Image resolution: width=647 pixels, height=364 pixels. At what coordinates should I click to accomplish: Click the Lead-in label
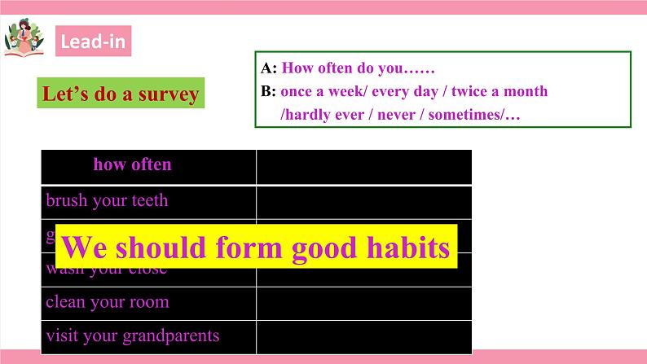pos(94,42)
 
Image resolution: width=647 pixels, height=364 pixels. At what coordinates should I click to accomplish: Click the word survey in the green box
pos(166,94)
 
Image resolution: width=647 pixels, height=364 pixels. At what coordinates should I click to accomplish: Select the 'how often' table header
pos(132,164)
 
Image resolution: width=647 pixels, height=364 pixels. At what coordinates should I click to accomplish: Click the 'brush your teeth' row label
pos(107,200)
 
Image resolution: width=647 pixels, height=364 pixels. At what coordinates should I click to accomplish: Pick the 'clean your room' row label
pos(108,302)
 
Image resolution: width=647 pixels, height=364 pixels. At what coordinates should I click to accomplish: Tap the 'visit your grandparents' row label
pos(133,335)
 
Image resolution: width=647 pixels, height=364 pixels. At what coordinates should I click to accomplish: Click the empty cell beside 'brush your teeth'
pos(363,200)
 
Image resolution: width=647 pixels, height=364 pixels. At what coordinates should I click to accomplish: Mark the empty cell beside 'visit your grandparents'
pos(363,335)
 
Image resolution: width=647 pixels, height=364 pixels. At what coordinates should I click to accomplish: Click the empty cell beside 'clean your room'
pos(363,302)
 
